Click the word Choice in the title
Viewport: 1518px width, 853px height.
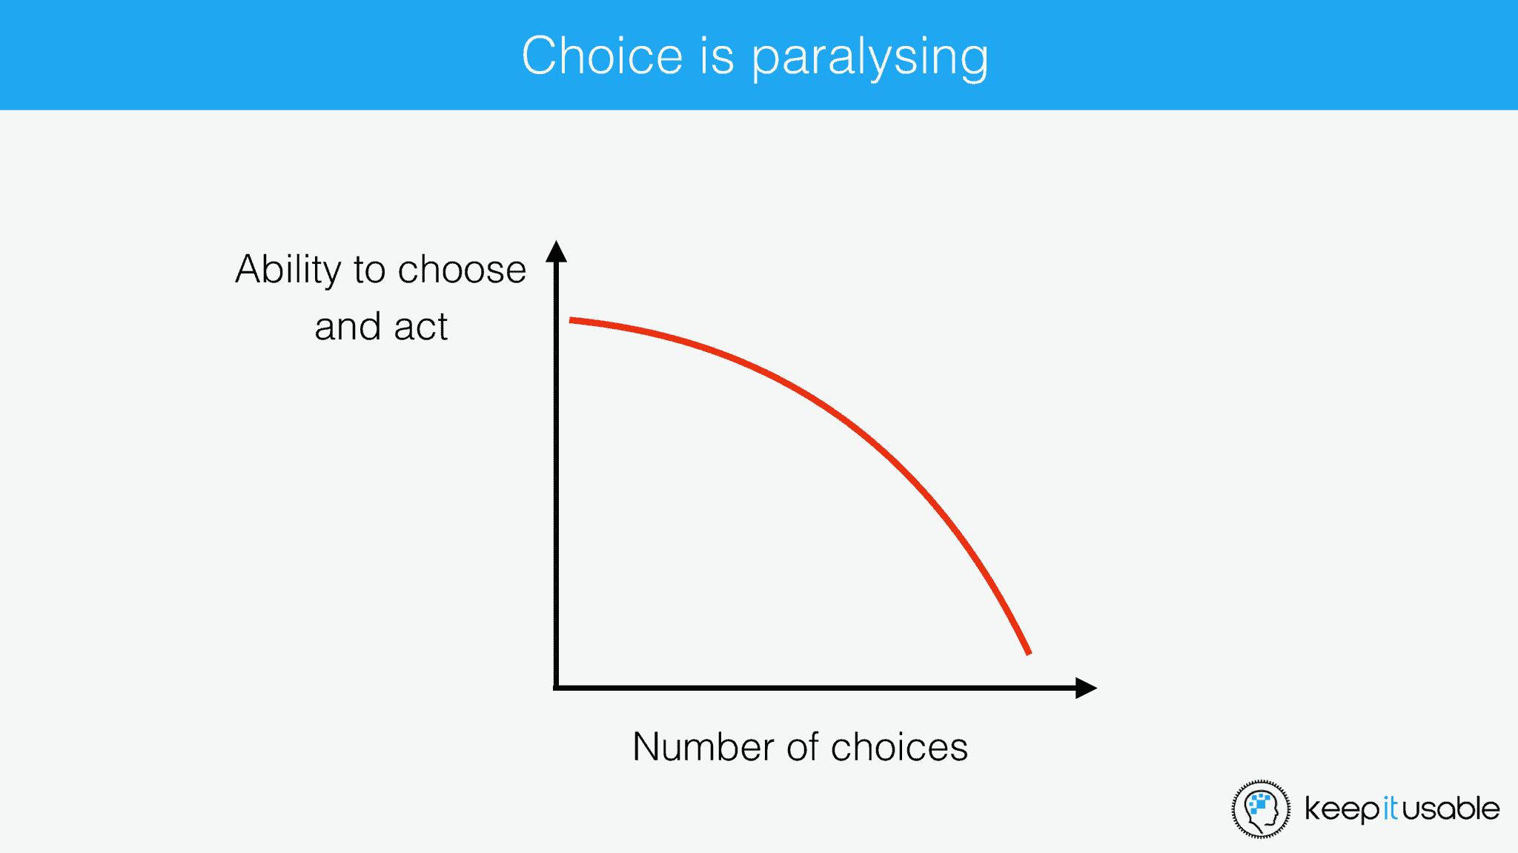(602, 56)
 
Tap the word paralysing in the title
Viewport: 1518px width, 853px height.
(870, 59)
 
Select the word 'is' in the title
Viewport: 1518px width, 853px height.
(717, 56)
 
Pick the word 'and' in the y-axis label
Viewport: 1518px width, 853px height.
(348, 326)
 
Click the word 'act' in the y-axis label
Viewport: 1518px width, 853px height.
(421, 327)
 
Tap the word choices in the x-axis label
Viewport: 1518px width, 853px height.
(899, 746)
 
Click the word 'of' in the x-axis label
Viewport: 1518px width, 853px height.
(803, 746)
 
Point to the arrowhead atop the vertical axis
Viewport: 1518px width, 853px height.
(557, 251)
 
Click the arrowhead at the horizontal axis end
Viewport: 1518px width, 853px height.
(1086, 688)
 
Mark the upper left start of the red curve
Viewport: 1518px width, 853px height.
(570, 320)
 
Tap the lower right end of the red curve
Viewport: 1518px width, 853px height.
(1029, 654)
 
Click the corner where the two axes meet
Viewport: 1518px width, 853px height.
(557, 688)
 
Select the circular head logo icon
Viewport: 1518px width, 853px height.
(1261, 809)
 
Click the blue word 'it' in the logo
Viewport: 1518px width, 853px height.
(1390, 809)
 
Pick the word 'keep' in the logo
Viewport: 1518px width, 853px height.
(1342, 810)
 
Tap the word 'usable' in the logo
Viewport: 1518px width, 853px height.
(1450, 808)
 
